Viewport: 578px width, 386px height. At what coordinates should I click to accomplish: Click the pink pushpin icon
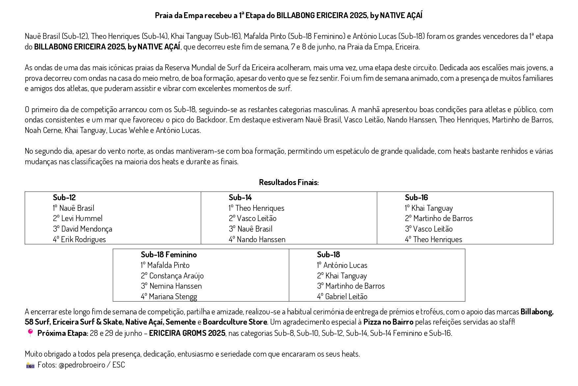tap(30, 333)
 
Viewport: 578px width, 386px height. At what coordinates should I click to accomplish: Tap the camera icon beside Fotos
tap(30, 365)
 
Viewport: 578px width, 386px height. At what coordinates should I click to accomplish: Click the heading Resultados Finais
tap(289, 182)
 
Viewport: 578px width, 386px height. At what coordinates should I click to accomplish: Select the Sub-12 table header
tap(64, 198)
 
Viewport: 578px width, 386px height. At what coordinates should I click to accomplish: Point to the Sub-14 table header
tap(240, 198)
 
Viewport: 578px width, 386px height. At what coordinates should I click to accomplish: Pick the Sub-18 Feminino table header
tap(169, 255)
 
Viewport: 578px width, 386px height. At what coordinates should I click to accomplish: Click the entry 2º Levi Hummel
tap(78, 218)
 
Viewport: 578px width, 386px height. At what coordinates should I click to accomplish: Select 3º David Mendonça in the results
tap(82, 229)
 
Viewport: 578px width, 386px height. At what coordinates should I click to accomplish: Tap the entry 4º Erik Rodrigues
tap(79, 240)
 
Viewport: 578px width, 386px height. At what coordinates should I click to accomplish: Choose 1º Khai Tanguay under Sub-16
tap(429, 208)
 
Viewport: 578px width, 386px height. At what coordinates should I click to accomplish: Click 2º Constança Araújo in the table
tap(172, 276)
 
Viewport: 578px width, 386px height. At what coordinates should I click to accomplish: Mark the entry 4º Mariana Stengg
tap(169, 297)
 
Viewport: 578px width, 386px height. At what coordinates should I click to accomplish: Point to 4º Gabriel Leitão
tap(342, 297)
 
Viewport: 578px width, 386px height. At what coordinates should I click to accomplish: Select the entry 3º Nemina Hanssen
tap(171, 286)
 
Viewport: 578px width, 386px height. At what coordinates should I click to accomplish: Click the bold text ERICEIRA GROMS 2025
tap(187, 333)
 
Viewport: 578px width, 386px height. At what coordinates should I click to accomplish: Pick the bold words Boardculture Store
tap(235, 322)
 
